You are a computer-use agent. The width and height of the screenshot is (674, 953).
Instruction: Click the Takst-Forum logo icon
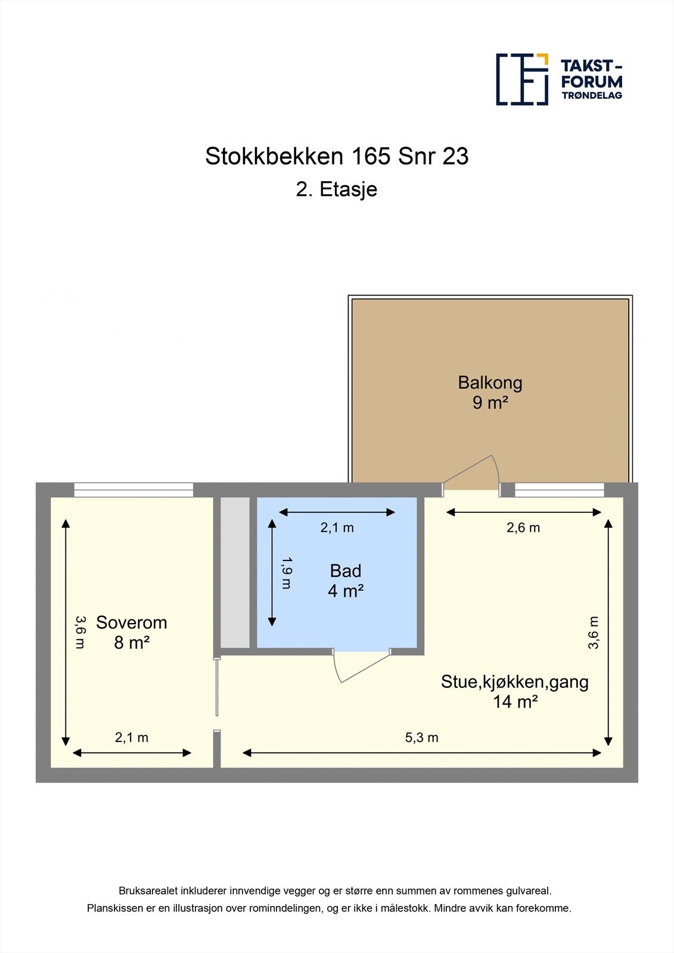coord(522,79)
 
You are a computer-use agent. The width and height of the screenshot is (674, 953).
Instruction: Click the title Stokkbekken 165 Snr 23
coord(337,156)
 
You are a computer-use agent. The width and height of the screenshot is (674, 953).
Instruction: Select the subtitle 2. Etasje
coord(337,189)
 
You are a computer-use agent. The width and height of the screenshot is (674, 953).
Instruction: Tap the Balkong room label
coord(490,382)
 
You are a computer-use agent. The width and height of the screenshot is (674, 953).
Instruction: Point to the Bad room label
coord(346,571)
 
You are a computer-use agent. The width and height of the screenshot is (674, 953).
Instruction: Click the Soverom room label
coord(131,622)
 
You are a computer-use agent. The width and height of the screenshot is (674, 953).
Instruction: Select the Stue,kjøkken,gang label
coord(515,681)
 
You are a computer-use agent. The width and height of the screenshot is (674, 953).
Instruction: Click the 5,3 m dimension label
coord(422,737)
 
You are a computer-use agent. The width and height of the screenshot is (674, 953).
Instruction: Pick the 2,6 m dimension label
coord(523,527)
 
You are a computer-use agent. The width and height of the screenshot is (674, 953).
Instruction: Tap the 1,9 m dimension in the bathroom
coord(287,573)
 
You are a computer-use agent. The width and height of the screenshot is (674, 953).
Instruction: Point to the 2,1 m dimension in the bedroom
coord(132,737)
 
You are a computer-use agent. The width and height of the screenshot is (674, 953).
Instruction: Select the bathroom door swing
coord(358,666)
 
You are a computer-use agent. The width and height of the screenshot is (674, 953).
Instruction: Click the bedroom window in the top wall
coord(133,490)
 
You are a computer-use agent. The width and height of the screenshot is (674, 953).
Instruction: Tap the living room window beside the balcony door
coord(559,490)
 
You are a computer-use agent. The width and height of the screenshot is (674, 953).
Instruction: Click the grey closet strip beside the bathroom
coord(235,572)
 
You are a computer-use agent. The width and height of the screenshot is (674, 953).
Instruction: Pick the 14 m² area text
coord(515,702)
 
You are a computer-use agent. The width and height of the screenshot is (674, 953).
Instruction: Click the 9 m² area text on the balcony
coord(490,403)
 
